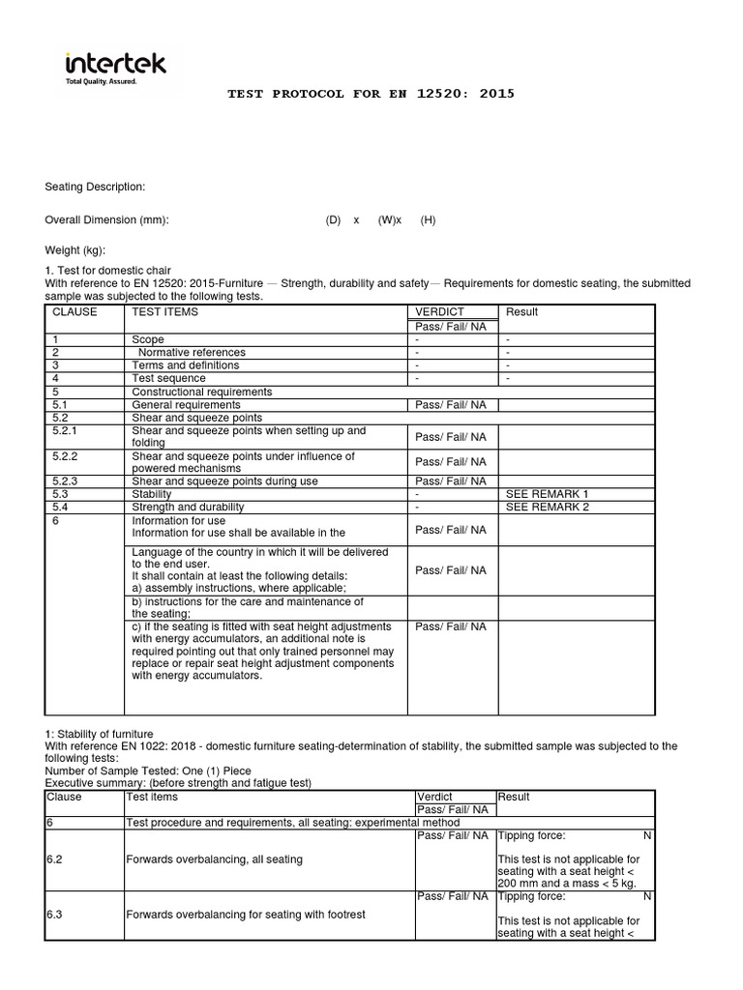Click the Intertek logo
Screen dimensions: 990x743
point(115,68)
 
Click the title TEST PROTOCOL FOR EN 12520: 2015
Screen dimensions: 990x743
point(371,94)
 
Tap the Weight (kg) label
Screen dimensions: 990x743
point(75,250)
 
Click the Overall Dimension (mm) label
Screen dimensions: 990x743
point(107,219)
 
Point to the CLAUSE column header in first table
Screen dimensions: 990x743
point(74,312)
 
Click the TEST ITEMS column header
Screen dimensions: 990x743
point(165,312)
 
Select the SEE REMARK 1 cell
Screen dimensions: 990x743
point(547,494)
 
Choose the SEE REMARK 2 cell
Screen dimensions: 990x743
point(547,507)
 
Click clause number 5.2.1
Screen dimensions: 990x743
point(66,431)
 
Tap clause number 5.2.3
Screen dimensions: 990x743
point(66,480)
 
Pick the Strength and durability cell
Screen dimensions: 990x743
point(188,507)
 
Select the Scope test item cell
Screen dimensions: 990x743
point(148,340)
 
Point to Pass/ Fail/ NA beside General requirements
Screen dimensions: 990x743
point(451,405)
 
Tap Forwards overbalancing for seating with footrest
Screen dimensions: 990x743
point(246,915)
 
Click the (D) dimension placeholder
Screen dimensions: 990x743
point(334,219)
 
